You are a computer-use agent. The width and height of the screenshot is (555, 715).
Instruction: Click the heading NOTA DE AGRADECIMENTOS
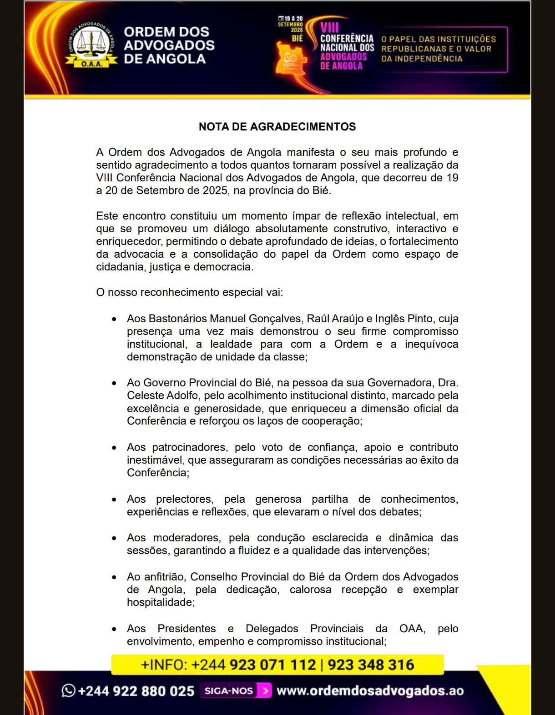pyautogui.click(x=277, y=127)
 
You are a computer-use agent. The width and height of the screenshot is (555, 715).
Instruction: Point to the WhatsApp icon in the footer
pyautogui.click(x=68, y=690)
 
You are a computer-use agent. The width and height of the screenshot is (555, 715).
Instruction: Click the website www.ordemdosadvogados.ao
pyautogui.click(x=370, y=691)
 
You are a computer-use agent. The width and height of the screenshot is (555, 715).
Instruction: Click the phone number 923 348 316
pyautogui.click(x=371, y=665)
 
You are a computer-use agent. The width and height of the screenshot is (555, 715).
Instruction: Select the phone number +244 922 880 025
pyautogui.click(x=136, y=691)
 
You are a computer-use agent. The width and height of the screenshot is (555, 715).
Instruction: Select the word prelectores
pyautogui.click(x=184, y=499)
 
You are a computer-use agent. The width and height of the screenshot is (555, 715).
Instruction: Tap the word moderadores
pyautogui.click(x=187, y=538)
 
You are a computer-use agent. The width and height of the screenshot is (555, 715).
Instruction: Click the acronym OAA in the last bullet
pyautogui.click(x=412, y=629)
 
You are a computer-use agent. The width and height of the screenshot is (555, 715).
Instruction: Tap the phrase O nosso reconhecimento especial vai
pyautogui.click(x=189, y=292)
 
